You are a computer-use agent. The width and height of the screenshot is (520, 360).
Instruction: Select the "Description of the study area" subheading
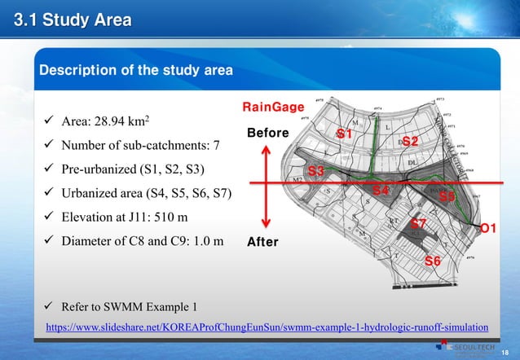pyautogui.click(x=136, y=70)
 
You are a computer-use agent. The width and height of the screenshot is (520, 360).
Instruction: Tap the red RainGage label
pyautogui.click(x=274, y=107)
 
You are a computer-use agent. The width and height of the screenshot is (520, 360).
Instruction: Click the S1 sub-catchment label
pyautogui.click(x=345, y=133)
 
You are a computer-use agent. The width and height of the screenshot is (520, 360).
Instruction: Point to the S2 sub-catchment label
pyautogui.click(x=410, y=142)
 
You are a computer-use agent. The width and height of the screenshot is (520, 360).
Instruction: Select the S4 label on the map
pyautogui.click(x=381, y=191)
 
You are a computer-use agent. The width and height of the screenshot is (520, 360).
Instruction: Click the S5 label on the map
pyautogui.click(x=447, y=196)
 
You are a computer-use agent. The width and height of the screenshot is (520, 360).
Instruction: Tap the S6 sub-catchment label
pyautogui.click(x=434, y=261)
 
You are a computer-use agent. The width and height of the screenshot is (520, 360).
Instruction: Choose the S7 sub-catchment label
pyautogui.click(x=418, y=223)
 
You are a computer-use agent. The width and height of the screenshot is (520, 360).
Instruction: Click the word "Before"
pyautogui.click(x=267, y=133)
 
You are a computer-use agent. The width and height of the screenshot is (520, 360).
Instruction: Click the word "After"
pyautogui.click(x=262, y=242)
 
